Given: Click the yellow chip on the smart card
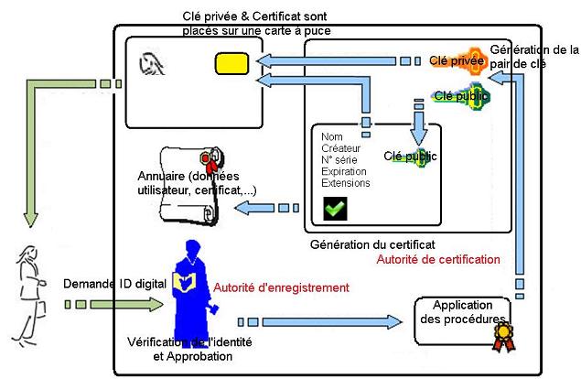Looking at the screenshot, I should [230, 63].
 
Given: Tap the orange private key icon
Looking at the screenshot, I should [454, 61].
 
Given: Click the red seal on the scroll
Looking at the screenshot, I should [211, 163].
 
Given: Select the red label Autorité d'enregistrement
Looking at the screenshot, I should [281, 287].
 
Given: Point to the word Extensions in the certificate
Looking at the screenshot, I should [346, 182].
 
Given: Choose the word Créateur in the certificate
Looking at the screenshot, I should [341, 147].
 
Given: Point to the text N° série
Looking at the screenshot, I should [339, 158].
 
